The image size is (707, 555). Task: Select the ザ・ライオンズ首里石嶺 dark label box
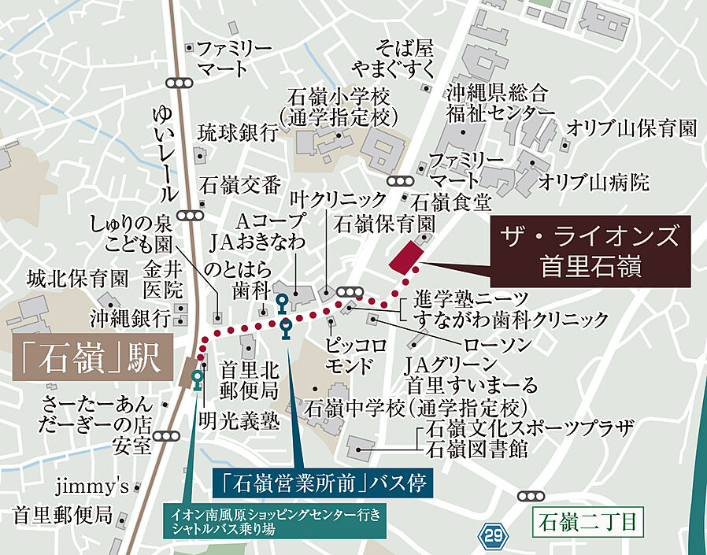[x=590, y=250]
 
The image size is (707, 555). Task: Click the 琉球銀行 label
[x=237, y=131]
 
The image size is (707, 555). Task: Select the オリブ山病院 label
[x=594, y=183]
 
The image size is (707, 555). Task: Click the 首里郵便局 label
[x=62, y=516]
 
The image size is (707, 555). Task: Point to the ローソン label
[x=498, y=343]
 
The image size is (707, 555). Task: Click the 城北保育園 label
[x=77, y=278]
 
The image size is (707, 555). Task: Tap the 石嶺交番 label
[x=240, y=185]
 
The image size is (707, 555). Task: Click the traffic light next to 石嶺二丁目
[x=533, y=496]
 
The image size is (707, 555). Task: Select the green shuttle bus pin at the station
[x=196, y=379]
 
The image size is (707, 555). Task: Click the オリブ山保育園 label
[x=631, y=128]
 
